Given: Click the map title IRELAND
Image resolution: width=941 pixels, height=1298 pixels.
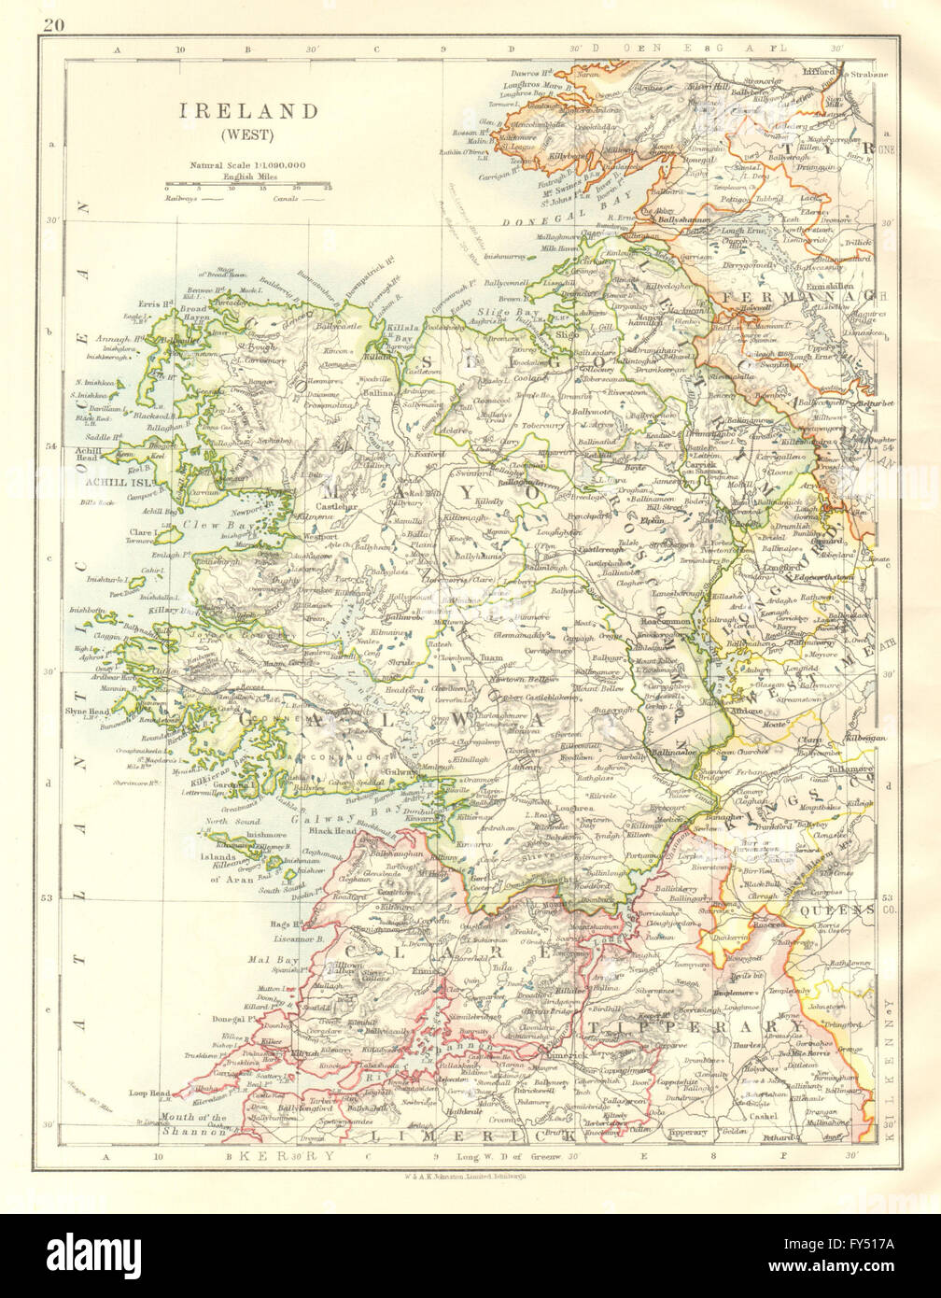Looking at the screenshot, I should (x=246, y=110).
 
